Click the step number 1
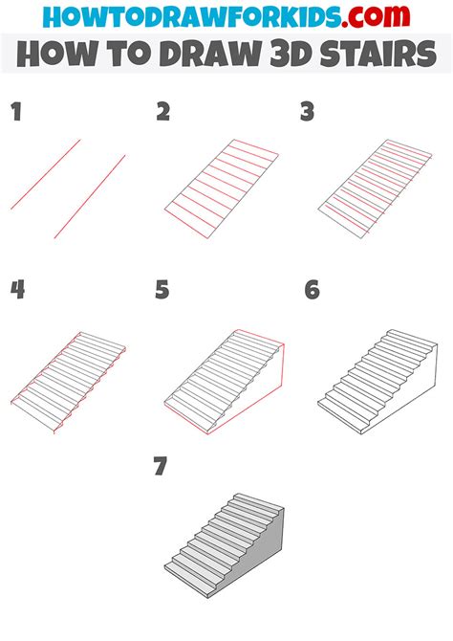(x=15, y=113)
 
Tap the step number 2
(x=163, y=113)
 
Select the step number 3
(x=308, y=113)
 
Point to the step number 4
(x=17, y=290)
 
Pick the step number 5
(x=163, y=290)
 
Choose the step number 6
(x=312, y=290)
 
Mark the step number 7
(x=162, y=468)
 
